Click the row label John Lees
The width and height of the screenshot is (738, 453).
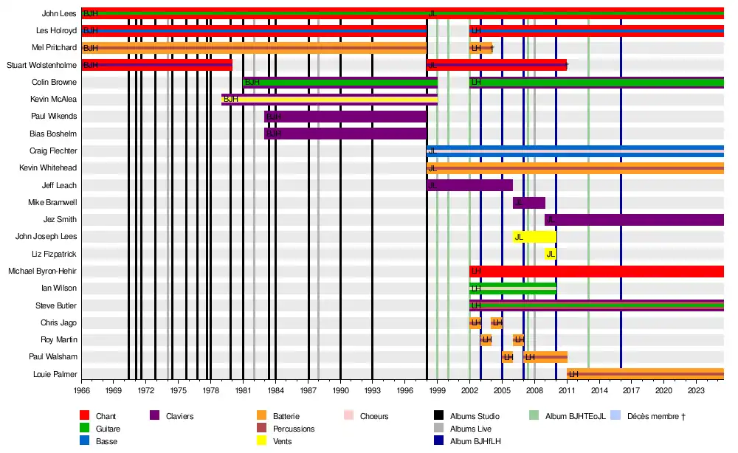point(59,13)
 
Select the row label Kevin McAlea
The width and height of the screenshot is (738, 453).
point(54,99)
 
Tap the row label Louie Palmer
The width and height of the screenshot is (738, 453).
point(55,374)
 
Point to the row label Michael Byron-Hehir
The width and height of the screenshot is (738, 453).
point(43,271)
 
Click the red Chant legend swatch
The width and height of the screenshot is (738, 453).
point(85,417)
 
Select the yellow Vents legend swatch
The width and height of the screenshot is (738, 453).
point(261,441)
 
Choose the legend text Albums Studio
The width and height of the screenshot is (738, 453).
point(475,417)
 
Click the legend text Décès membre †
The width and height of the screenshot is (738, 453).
point(656,417)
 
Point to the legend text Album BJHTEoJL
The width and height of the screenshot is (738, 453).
point(576,417)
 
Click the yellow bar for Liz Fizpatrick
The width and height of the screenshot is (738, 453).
point(551,254)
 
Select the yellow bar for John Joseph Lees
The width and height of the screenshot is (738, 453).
point(535,237)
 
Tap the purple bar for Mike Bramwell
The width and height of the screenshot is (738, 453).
point(529,202)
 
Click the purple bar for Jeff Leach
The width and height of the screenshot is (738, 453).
point(470,185)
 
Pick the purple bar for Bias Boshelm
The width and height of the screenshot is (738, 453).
point(345,134)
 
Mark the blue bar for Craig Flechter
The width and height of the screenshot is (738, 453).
point(576,151)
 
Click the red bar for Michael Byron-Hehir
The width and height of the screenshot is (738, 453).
point(596,271)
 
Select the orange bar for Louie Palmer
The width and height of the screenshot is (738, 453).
point(646,374)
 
